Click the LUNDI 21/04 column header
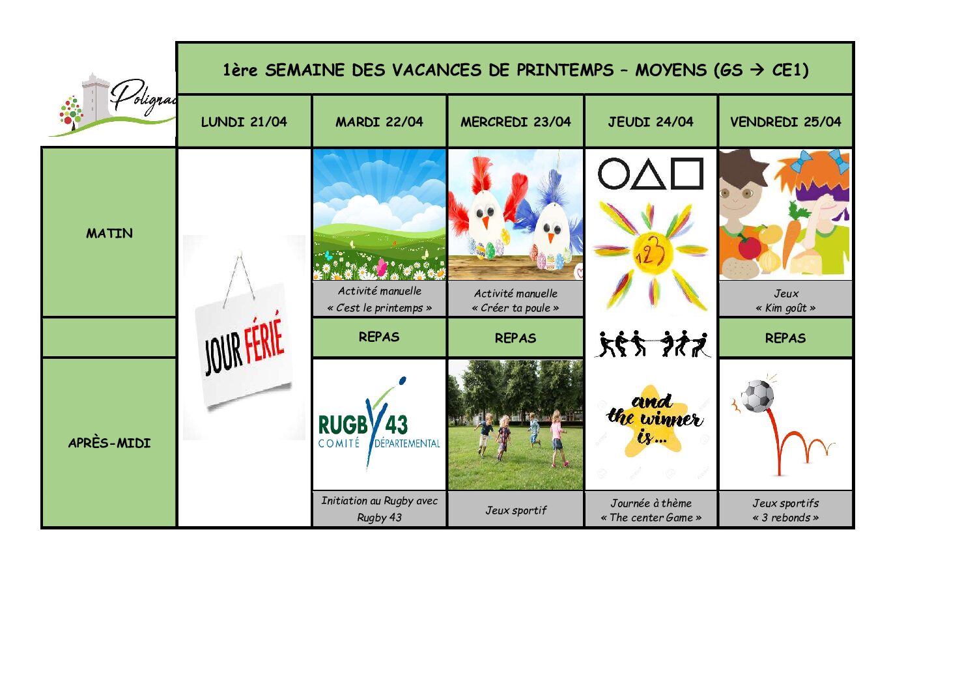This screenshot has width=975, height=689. (244, 121)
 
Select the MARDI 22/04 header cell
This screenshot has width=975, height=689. (379, 121)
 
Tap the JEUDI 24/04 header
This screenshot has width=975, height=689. (651, 121)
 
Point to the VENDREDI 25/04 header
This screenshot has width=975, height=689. (785, 121)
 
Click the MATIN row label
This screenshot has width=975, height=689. (109, 233)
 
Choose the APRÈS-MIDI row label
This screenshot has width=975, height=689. (109, 443)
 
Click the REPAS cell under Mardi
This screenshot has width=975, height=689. (379, 337)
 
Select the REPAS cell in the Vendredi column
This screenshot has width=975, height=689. (785, 338)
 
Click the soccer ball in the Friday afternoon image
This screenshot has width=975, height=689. (758, 396)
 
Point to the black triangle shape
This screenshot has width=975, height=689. (649, 174)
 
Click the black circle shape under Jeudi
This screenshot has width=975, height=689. (614, 173)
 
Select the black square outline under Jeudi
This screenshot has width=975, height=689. (687, 173)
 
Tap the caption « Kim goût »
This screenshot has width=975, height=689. (785, 308)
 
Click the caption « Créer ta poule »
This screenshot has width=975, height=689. (515, 308)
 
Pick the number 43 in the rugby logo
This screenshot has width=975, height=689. (395, 425)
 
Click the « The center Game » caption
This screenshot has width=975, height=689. (651, 518)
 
